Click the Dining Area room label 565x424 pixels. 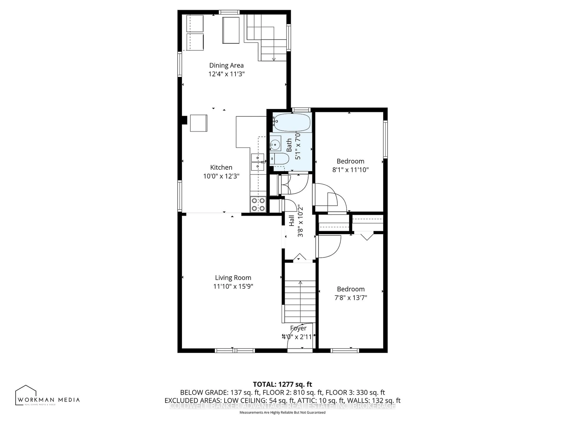click(226, 65)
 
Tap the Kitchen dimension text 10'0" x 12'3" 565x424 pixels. click(221, 176)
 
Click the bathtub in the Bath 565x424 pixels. click(292, 122)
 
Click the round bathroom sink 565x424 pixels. click(275, 145)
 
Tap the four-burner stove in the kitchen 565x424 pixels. click(258, 204)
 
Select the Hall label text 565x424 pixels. click(291, 220)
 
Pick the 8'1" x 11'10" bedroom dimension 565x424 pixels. click(350, 170)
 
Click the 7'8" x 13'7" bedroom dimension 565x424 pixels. click(351, 298)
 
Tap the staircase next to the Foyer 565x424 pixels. click(300, 302)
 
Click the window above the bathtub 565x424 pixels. click(301, 110)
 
